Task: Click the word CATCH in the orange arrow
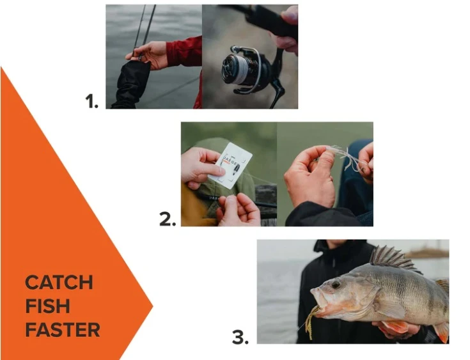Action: click(x=59, y=283)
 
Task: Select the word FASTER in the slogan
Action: click(x=63, y=330)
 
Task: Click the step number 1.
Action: click(x=91, y=102)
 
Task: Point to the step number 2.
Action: click(x=167, y=219)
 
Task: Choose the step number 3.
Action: click(x=239, y=337)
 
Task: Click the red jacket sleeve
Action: click(x=185, y=51)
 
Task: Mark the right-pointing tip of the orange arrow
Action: click(x=152, y=308)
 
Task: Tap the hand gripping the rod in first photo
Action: click(x=150, y=54)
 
